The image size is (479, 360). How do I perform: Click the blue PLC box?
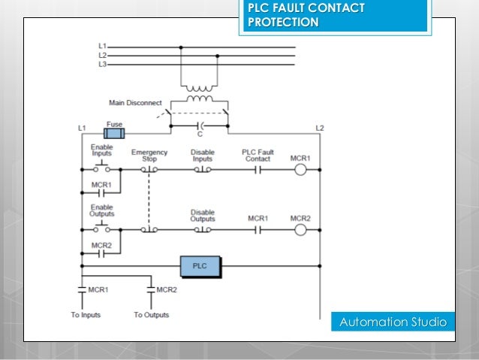coord(200,267)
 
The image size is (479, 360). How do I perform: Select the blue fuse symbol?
coord(114,134)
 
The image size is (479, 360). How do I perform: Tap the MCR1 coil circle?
coord(300,169)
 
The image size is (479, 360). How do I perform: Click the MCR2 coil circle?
coord(300,230)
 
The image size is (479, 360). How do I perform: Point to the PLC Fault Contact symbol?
coord(258,170)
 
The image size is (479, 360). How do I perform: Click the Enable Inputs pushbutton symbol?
coord(101,166)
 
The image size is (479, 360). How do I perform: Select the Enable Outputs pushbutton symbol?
coord(101,226)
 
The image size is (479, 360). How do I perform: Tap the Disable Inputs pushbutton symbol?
coord(203,169)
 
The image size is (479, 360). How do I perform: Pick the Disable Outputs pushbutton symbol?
coord(203,229)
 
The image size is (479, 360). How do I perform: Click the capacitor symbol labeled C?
coord(200,126)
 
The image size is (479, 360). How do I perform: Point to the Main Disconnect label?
coord(135,103)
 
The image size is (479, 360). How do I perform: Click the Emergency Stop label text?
coord(149,156)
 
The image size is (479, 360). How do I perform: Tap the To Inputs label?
coord(86,315)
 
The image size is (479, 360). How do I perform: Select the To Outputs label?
coord(151,315)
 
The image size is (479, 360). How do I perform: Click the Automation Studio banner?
coord(393,322)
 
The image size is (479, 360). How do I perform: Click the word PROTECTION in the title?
coord(283,22)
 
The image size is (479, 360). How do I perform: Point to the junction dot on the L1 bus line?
coord(181,47)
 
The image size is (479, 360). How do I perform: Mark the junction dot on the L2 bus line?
coord(217,56)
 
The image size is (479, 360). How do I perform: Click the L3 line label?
coord(102,64)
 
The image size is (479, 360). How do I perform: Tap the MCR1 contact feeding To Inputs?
coord(82,289)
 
